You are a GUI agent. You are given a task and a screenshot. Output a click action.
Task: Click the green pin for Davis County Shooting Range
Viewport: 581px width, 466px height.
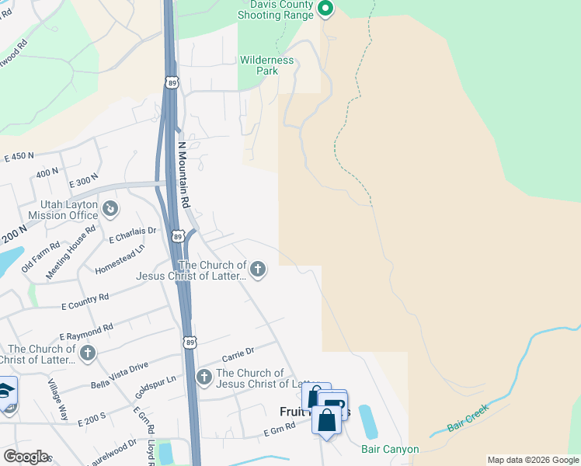[325, 9]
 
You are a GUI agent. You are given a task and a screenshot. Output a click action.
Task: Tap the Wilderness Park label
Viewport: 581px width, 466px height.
[267, 65]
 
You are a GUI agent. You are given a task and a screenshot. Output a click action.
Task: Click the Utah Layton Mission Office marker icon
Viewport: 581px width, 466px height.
[110, 208]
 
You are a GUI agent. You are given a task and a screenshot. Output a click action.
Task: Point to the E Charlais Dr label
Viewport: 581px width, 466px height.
[133, 234]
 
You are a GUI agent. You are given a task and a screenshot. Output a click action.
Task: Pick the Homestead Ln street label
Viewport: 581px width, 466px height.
[120, 259]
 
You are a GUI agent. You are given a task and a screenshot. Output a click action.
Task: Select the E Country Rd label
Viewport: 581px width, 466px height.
[85, 301]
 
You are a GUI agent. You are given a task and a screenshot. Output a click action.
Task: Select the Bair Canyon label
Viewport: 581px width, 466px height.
[390, 449]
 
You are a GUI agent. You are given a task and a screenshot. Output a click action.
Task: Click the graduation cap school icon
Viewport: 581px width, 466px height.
[6, 390]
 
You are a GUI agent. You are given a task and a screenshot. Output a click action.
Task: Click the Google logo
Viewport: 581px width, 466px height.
[26, 456]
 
